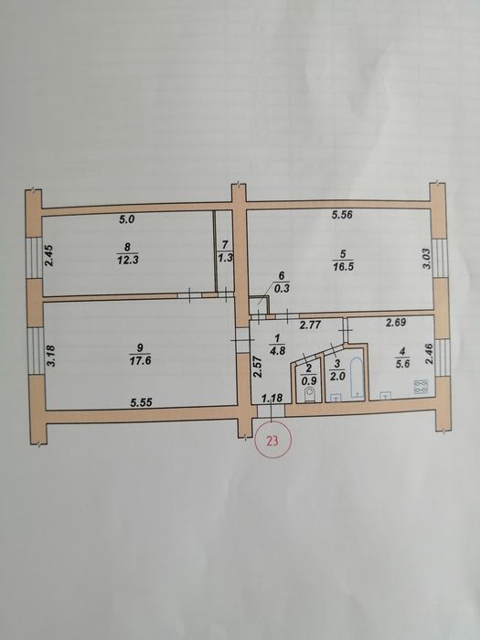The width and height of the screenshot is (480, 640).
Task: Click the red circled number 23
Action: tap(272, 441)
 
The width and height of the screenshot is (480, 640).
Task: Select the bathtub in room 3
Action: tap(357, 378)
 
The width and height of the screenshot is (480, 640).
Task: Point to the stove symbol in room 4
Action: tap(421, 387)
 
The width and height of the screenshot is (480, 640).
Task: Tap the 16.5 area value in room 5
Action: tap(343, 267)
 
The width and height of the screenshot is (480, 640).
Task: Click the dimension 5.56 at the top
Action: tap(343, 214)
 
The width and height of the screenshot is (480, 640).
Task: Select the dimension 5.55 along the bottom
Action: tap(141, 402)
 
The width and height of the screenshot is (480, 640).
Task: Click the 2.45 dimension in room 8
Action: tap(49, 255)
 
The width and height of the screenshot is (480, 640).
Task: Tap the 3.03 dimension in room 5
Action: tap(427, 259)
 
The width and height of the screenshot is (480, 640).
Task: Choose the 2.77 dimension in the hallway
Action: tap(310, 325)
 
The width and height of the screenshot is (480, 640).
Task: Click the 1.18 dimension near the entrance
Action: tap(272, 398)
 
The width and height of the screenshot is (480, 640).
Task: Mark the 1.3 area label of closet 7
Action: tap(225, 258)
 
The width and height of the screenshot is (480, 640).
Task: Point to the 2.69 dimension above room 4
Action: tap(396, 323)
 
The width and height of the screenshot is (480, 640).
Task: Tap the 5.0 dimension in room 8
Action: tap(126, 219)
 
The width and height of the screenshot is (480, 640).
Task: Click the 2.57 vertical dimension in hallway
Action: tap(257, 368)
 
